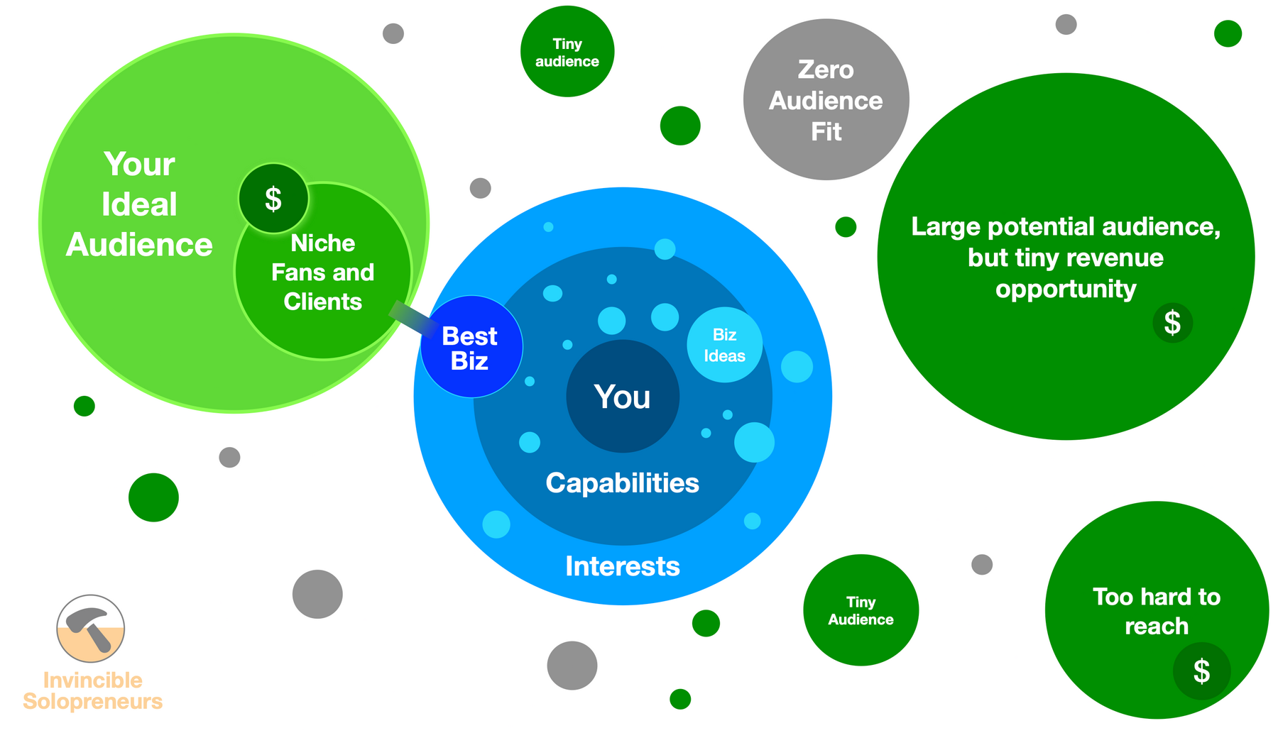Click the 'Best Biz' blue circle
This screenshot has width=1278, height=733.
471,347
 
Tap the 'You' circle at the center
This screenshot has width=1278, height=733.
623,397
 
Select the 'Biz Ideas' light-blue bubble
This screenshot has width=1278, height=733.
724,345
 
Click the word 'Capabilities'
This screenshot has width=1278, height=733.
622,483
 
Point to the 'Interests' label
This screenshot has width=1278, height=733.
622,566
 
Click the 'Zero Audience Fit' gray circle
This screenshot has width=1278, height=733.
826,100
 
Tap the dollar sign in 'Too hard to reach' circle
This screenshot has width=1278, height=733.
1201,671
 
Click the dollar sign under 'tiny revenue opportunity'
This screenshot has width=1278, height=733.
1172,323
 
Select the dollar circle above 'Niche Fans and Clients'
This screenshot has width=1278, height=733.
273,199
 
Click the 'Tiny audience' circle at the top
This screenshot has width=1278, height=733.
567,52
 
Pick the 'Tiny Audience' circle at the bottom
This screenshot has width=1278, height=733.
861,610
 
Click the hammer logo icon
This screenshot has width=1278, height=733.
91,628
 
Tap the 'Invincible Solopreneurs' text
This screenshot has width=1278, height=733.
93,690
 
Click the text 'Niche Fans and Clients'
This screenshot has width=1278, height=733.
323,272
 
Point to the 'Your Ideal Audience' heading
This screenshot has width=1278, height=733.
139,204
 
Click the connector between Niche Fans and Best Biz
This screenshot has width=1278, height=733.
412,316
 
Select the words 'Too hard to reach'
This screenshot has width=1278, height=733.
1156,611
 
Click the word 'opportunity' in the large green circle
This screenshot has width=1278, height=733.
1065,289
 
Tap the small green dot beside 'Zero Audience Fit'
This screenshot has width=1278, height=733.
845,227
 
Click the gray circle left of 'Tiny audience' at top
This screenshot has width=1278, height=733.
393,33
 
